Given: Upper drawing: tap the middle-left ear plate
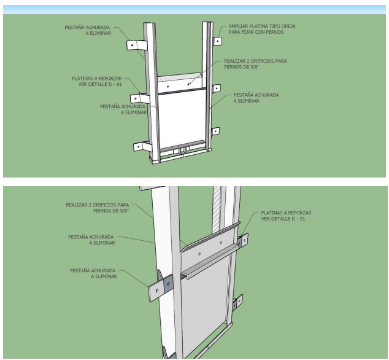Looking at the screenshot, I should click(x=140, y=97).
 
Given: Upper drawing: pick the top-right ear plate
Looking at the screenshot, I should click(x=217, y=41).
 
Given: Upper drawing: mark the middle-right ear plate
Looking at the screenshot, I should click(x=217, y=88).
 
